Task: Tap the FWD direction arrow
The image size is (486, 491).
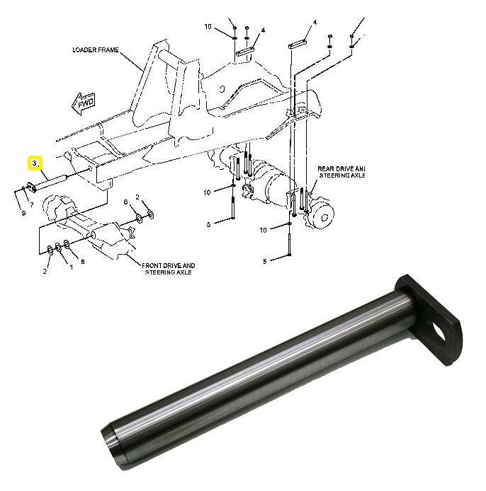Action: (84, 103)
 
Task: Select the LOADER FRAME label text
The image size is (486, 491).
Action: (96, 51)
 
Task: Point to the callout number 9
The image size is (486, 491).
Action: (23, 212)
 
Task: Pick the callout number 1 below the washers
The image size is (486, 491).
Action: (71, 267)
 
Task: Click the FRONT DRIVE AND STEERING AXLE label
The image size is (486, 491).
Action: (169, 269)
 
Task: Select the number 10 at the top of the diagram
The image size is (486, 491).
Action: (208, 26)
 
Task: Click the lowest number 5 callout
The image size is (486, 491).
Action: (265, 261)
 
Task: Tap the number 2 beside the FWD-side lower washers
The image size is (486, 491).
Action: (45, 271)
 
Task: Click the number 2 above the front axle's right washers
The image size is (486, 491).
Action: (137, 196)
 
